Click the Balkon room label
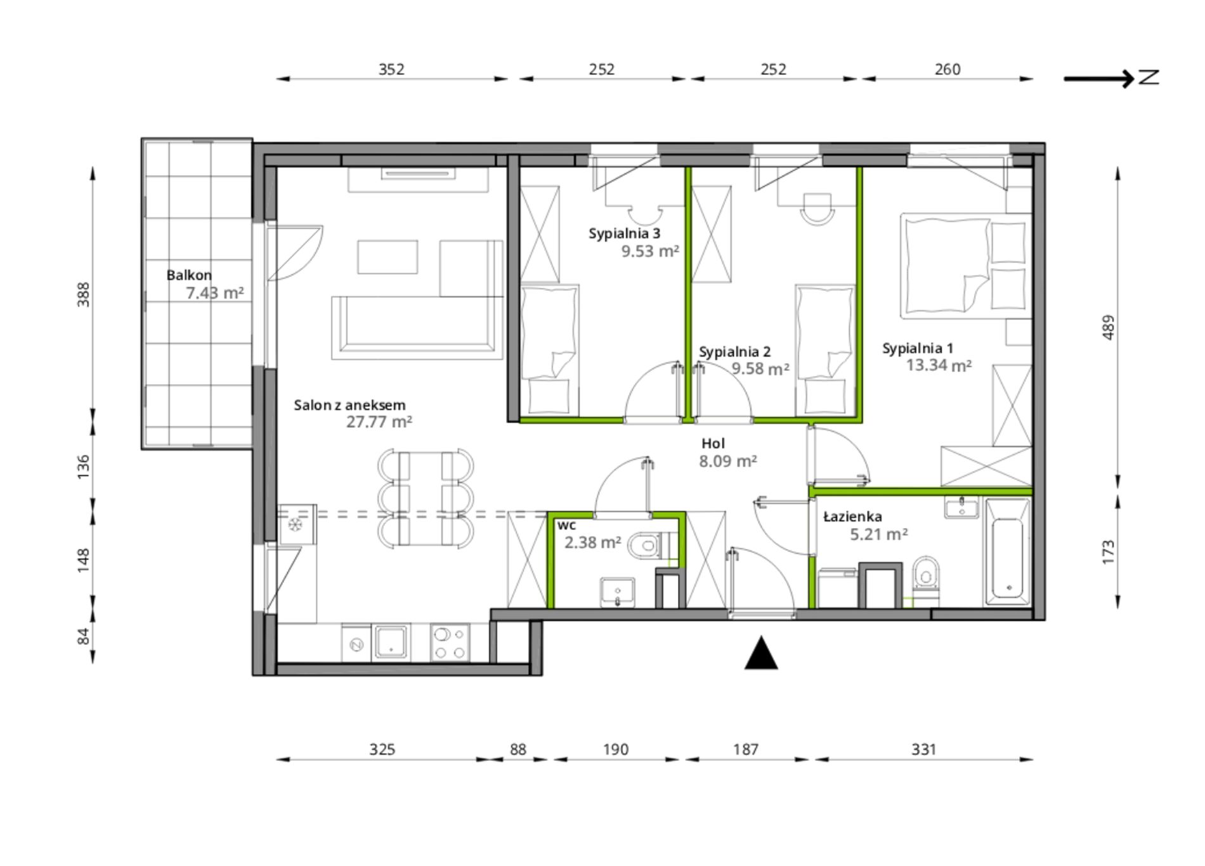[189, 275]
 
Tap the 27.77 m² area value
[379, 422]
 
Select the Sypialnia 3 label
[624, 233]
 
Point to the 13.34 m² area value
[939, 365]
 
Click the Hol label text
[713, 444]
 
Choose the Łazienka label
[852, 517]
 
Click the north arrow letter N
[1149, 78]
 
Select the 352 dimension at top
[391, 69]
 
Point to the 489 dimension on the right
[1108, 327]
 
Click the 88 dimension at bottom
[518, 749]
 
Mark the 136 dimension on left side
[83, 467]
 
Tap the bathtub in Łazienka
[1007, 552]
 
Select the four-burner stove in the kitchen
[450, 643]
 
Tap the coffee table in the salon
[388, 257]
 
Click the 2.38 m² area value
[592, 543]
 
